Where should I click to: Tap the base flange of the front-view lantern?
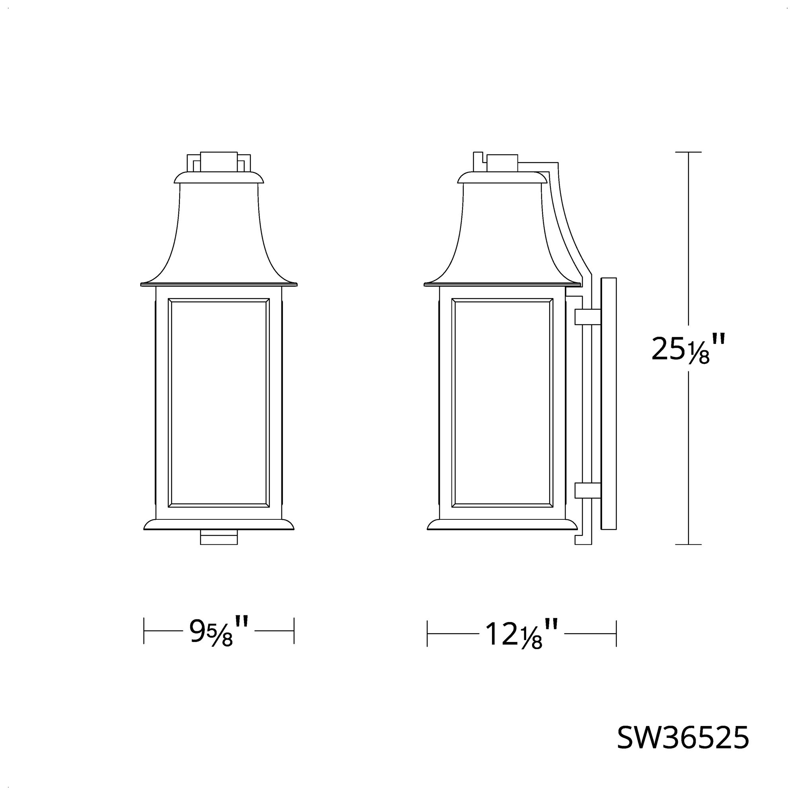click(219, 525)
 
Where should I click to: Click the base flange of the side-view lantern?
click(502, 525)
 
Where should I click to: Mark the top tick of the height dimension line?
click(689, 152)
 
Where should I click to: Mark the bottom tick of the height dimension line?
click(689, 544)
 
